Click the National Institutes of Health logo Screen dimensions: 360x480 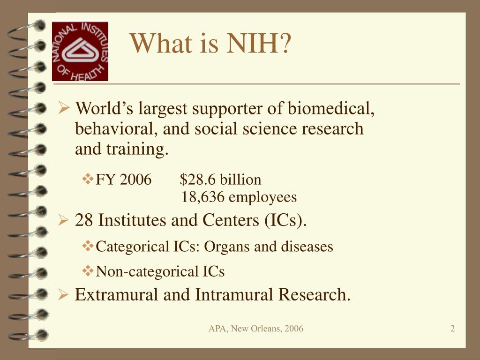[x=80, y=51]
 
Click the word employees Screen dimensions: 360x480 [x=263, y=197]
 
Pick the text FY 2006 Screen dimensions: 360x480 [x=123, y=180]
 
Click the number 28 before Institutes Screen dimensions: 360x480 [x=84, y=220]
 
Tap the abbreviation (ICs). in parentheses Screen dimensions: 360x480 [x=285, y=220]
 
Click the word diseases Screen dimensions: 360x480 [x=307, y=247]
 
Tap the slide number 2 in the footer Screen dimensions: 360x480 [x=452, y=329]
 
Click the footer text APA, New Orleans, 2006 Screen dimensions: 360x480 [x=256, y=329]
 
